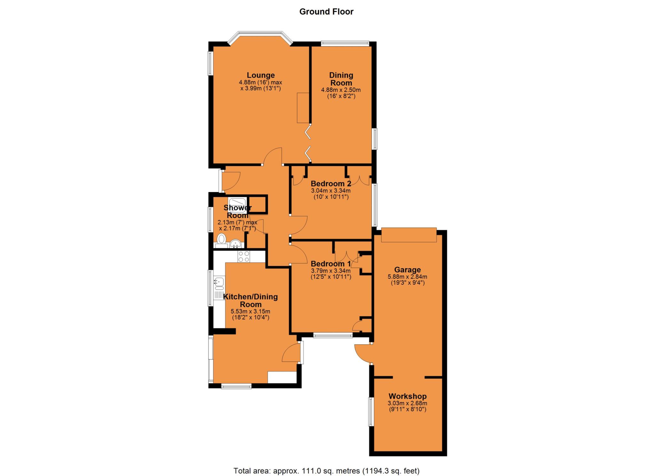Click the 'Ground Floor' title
coord(326,12)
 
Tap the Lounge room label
coord(261,75)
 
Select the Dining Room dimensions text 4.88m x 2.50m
coord(341,90)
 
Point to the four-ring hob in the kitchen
coord(244,257)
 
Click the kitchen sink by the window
coord(219,283)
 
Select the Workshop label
coord(407,396)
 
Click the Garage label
coord(407,270)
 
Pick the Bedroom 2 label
coord(331,184)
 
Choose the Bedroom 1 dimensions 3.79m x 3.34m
coord(331,271)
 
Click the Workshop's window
coord(371,411)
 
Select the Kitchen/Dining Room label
coord(251,300)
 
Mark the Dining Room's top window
coord(345,44)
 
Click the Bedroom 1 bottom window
coord(333,335)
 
